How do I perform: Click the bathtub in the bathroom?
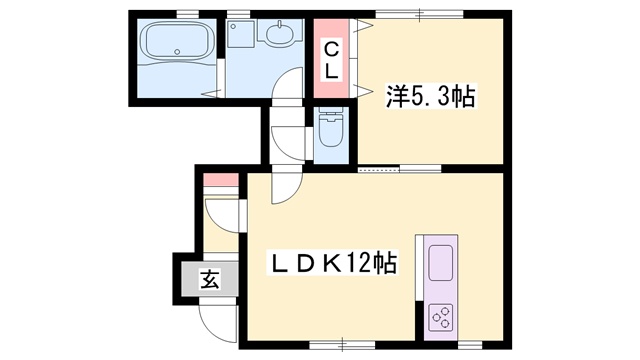tap(177, 40)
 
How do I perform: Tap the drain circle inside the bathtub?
tap(177, 52)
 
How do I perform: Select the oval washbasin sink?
tap(280, 33)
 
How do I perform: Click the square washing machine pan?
tap(241, 34)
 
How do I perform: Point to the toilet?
tap(331, 127)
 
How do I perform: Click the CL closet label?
tap(331, 61)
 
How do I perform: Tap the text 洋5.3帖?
tap(430, 96)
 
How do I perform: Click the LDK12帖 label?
tap(331, 264)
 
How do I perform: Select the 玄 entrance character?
tap(209, 280)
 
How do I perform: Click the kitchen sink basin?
tap(440, 262)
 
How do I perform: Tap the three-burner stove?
tap(441, 317)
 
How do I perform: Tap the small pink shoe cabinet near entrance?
tap(221, 180)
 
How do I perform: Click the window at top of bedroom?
tap(420, 15)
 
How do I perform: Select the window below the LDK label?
tap(342, 345)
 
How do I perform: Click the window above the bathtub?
tap(187, 15)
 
